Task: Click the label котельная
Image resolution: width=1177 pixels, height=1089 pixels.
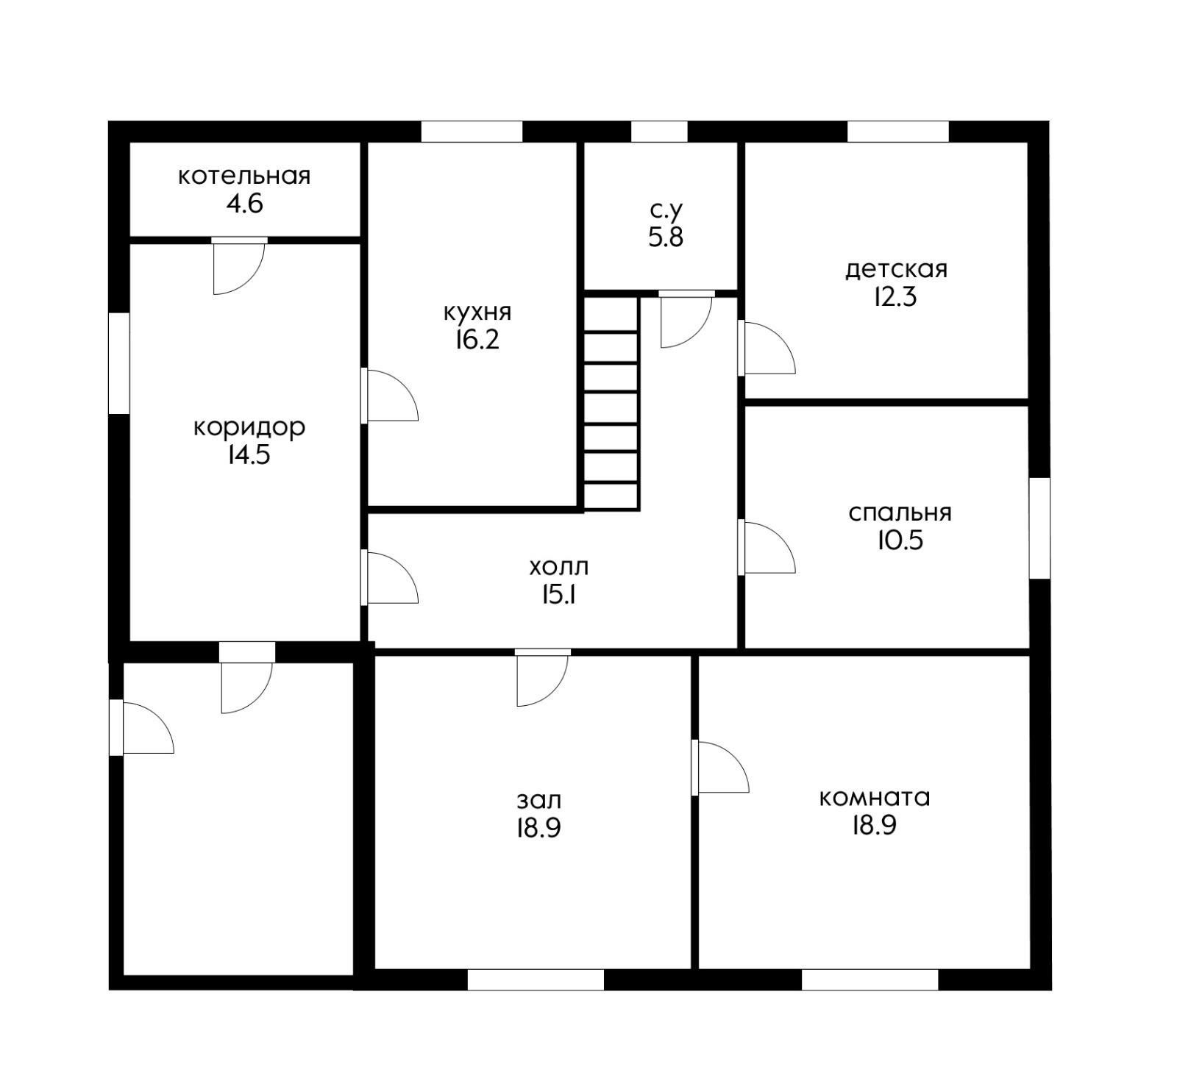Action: pyautogui.click(x=244, y=176)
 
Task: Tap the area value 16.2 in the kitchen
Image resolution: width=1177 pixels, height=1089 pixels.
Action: pyautogui.click(x=476, y=340)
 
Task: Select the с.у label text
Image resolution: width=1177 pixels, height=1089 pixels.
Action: pyautogui.click(x=666, y=212)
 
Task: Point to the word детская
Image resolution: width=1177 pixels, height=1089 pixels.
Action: pyautogui.click(x=896, y=269)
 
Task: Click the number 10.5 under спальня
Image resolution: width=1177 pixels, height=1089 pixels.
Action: pyautogui.click(x=900, y=540)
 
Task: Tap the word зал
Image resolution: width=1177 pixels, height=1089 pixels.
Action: pyautogui.click(x=539, y=799)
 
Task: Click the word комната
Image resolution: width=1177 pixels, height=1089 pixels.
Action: pyautogui.click(x=875, y=797)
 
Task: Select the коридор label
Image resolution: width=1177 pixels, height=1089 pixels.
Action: pyautogui.click(x=249, y=427)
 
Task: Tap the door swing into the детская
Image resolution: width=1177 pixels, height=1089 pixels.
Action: pyautogui.click(x=769, y=348)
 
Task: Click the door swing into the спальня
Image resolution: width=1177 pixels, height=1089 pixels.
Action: pyautogui.click(x=769, y=547)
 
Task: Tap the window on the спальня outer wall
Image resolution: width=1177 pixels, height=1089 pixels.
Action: pyautogui.click(x=1039, y=528)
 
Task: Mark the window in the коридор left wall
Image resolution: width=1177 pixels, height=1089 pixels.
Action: pyautogui.click(x=119, y=363)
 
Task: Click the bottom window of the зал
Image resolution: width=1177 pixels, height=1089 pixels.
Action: pyautogui.click(x=536, y=979)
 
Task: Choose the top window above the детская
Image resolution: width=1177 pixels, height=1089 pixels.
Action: pyautogui.click(x=898, y=132)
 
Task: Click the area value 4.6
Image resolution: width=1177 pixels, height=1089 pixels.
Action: pyautogui.click(x=244, y=203)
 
